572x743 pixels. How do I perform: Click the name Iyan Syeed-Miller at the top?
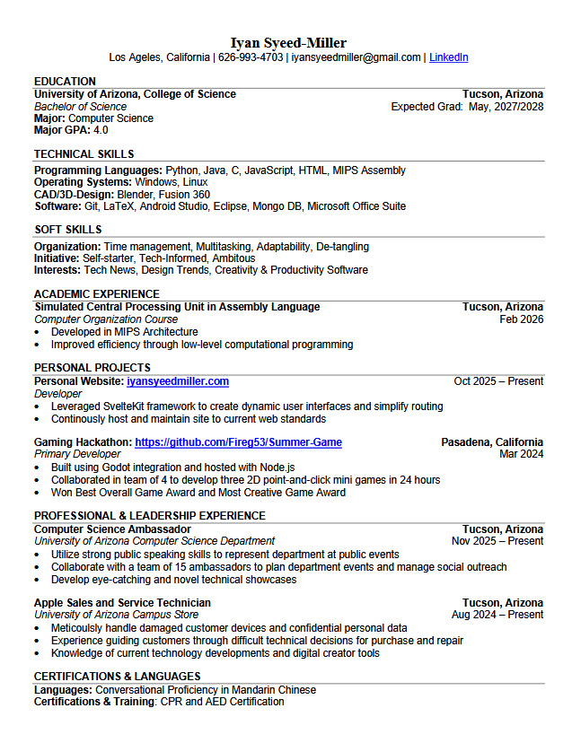click(x=288, y=42)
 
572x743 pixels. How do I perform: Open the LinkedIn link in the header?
click(x=448, y=57)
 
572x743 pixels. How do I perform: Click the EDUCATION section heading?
click(x=65, y=81)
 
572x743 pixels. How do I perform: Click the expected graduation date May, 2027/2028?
click(x=506, y=106)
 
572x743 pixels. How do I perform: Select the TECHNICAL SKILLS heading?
click(x=84, y=154)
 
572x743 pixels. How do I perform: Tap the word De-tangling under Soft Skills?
click(x=342, y=246)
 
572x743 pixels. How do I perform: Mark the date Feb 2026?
click(x=521, y=319)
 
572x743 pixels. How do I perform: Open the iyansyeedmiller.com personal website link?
click(x=178, y=381)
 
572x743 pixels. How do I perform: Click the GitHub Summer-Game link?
click(x=238, y=442)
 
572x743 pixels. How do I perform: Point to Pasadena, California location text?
click(x=492, y=442)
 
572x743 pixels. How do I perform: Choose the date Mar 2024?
click(x=521, y=454)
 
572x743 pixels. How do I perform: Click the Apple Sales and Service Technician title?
click(x=122, y=603)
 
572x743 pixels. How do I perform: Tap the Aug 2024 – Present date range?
click(x=497, y=615)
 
